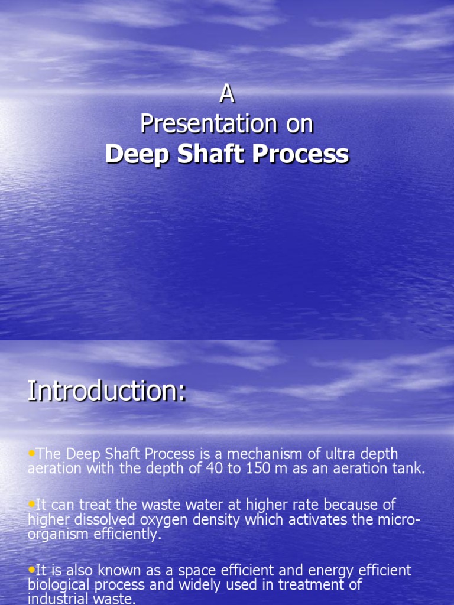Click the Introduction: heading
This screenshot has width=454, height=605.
tap(107, 393)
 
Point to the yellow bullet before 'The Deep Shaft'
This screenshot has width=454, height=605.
tap(32, 453)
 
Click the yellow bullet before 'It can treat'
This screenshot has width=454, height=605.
tap(32, 504)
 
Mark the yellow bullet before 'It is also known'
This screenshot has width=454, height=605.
tap(32, 570)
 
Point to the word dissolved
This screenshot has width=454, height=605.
tap(99, 519)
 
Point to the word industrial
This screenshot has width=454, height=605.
tap(61, 599)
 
